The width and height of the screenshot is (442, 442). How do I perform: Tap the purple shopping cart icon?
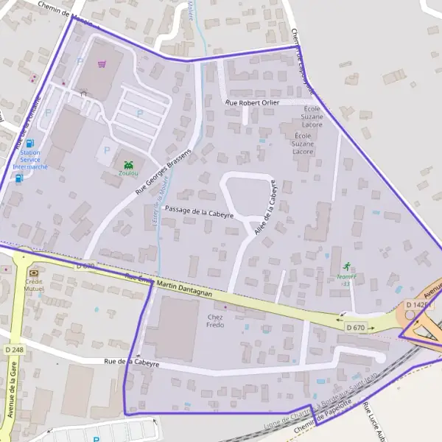101,64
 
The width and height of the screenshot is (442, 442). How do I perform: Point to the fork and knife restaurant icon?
83,93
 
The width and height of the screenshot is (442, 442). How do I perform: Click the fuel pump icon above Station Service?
30,143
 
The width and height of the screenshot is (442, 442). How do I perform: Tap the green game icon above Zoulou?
130,164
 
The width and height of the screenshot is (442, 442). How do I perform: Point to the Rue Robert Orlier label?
253,102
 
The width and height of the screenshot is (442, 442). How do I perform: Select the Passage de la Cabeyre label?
199,211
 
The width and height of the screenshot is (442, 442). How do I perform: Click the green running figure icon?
346,266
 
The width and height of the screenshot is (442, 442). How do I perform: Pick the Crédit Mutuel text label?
34,284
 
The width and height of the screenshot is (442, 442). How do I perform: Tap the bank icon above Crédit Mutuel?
32,272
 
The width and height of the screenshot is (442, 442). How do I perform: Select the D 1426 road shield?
416,304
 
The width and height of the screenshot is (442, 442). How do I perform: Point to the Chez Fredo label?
214,320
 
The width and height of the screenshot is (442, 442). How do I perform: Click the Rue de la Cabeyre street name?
132,362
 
